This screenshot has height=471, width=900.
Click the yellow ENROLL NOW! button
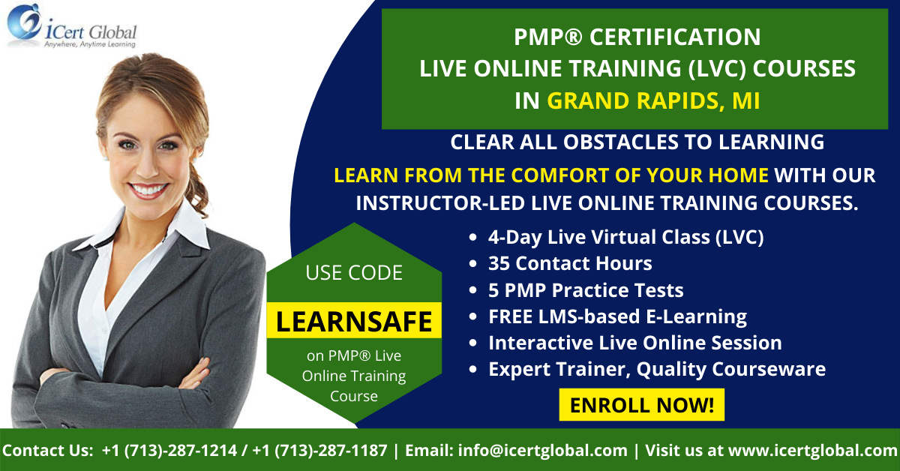[642, 405]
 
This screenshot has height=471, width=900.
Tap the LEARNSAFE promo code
[354, 321]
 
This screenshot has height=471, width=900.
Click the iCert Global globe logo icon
[24, 21]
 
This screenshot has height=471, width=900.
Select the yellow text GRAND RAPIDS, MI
[653, 100]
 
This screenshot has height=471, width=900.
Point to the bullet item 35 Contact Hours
[570, 264]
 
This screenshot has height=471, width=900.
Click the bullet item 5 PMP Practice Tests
[586, 290]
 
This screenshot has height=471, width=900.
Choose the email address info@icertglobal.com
[542, 451]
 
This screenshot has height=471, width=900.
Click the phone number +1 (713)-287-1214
[169, 451]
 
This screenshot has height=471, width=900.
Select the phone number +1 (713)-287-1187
[319, 451]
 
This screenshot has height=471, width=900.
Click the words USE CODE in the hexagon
[354, 273]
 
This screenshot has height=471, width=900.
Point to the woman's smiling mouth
[148, 190]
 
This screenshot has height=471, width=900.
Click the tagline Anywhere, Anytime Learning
[90, 44]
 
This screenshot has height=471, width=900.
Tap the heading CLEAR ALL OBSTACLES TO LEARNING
[637, 142]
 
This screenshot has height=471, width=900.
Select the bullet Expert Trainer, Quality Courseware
[656, 369]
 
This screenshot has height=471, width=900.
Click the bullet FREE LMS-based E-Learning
[617, 316]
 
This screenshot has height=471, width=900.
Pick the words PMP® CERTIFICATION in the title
[637, 37]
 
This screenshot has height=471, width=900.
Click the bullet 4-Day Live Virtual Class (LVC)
[626, 237]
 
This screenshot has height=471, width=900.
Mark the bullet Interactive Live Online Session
[634, 343]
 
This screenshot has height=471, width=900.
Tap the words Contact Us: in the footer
[47, 451]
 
